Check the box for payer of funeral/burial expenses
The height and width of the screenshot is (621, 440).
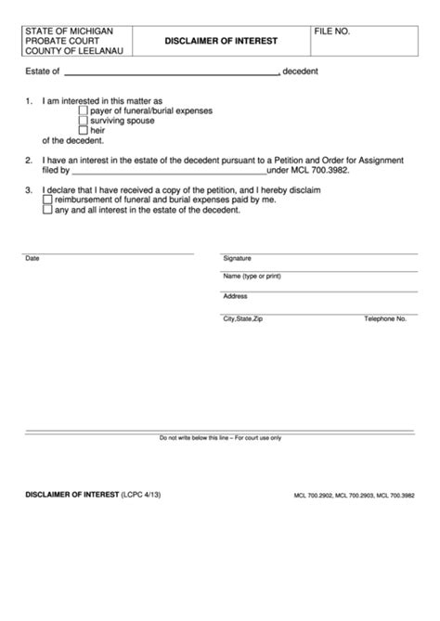coord(84,110)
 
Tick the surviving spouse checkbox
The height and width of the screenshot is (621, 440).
coord(84,121)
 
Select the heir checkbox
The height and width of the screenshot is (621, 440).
coord(84,132)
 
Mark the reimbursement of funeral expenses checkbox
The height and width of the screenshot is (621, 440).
coord(48,199)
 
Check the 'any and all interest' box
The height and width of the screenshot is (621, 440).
coord(48,210)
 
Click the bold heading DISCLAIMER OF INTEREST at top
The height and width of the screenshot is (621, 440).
coord(219,42)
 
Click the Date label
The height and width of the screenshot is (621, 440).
coord(32,258)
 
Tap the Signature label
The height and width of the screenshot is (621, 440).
coord(237,258)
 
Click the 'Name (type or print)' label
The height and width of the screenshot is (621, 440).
coord(251,276)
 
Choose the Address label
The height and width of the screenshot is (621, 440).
coord(235,296)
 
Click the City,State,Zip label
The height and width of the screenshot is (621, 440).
coord(242,318)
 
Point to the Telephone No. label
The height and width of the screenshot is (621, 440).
coord(385,318)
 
